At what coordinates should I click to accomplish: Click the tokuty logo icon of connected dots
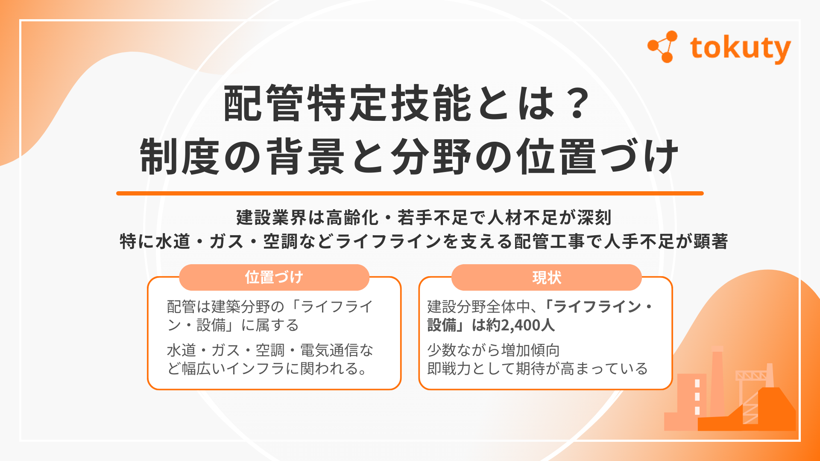(x=662, y=47)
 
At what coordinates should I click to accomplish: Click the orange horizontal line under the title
(x=410, y=193)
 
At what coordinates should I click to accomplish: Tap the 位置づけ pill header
(x=274, y=277)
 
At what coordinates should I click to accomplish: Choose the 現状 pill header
(x=546, y=277)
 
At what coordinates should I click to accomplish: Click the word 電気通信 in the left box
(x=329, y=350)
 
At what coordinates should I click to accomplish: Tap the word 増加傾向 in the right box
(x=530, y=350)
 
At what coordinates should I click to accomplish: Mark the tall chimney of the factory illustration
(x=717, y=380)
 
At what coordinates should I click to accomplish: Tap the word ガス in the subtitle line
(x=226, y=242)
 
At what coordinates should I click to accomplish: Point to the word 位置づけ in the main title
(x=598, y=157)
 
